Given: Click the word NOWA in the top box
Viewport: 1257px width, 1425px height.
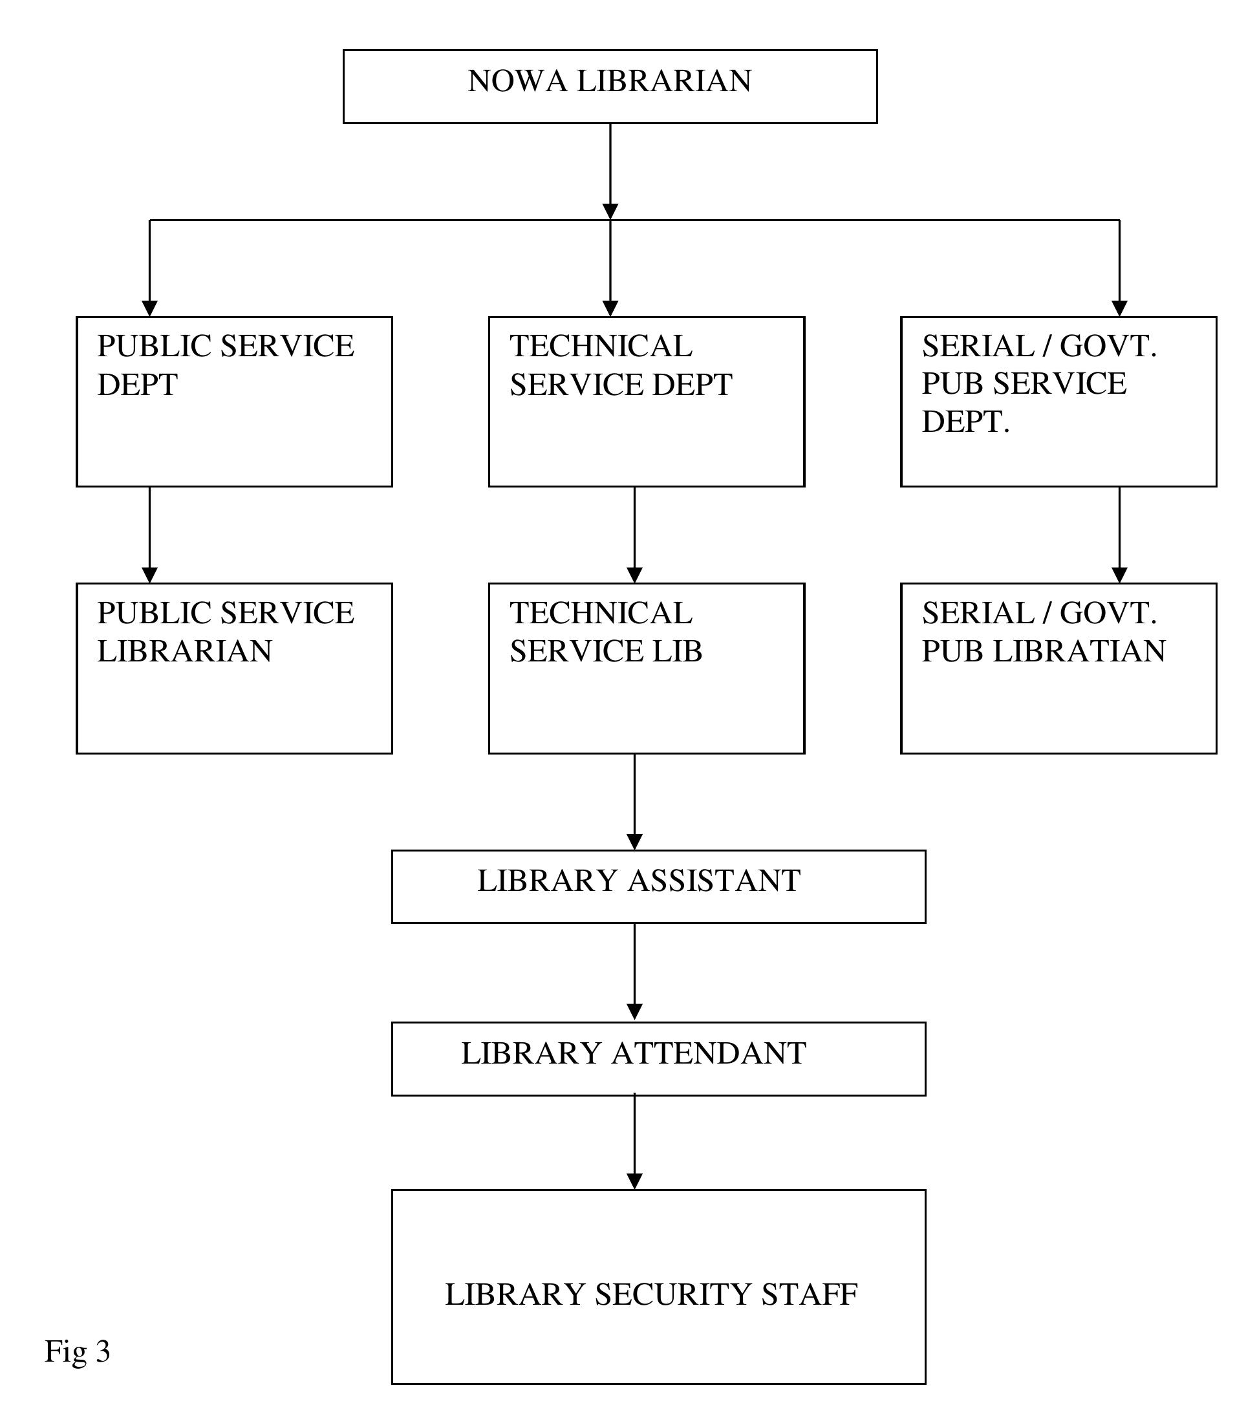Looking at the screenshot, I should (x=517, y=81).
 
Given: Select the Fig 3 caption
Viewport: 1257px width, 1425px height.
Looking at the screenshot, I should (x=78, y=1351).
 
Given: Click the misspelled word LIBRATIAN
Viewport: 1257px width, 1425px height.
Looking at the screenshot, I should (x=1079, y=650).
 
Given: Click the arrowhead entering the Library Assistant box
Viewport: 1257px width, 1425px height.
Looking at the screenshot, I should (x=634, y=841).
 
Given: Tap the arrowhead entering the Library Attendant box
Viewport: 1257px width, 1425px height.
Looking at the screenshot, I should (x=634, y=1012).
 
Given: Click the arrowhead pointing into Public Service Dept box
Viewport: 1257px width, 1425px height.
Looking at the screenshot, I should (x=149, y=308).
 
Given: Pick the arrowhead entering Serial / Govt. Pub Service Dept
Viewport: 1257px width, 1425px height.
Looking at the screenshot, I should (x=1119, y=308).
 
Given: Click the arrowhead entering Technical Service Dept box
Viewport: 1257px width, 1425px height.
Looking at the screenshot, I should (x=610, y=308).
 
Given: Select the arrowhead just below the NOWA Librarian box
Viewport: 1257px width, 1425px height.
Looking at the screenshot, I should (x=610, y=211).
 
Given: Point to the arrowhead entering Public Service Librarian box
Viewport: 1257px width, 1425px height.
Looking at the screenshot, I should (x=149, y=575).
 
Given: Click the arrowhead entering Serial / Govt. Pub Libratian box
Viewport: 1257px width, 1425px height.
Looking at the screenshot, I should (x=1119, y=575).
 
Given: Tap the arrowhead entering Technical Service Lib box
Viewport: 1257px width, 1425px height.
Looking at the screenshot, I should (x=634, y=575).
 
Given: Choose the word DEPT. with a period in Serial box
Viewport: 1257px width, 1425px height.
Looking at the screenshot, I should (x=965, y=421).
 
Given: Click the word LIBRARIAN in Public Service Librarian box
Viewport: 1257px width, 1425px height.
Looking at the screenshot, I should (x=185, y=650).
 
